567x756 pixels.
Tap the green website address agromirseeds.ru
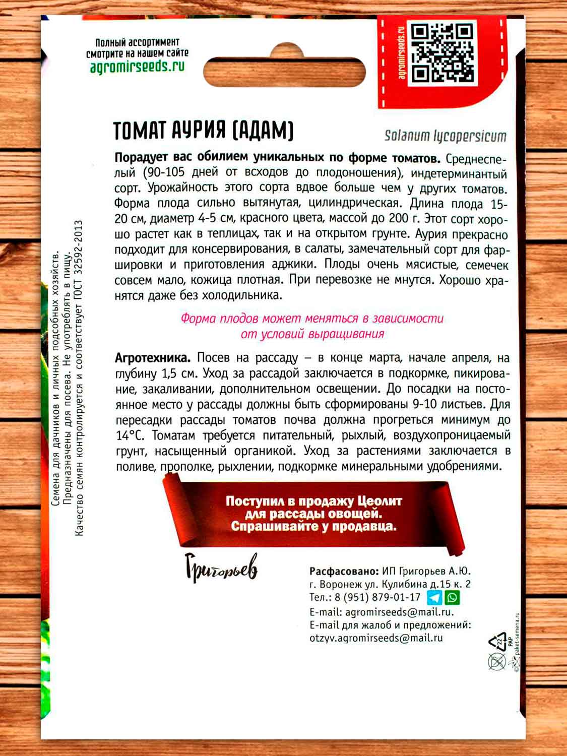[x=137, y=67]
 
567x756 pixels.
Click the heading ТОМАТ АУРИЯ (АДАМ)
[x=203, y=131]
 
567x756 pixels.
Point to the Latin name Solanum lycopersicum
[x=445, y=136]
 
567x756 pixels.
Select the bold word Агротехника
[x=153, y=358]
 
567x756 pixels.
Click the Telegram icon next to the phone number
[x=434, y=598]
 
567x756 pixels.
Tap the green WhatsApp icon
[x=453, y=598]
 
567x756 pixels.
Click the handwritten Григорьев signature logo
[x=221, y=568]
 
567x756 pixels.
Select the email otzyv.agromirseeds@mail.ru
[x=376, y=638]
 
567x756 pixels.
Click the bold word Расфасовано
[x=344, y=572]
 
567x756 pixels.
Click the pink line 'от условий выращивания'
[x=312, y=334]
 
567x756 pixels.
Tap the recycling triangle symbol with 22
[x=497, y=642]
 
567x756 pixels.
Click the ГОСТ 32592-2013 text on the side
[x=78, y=262]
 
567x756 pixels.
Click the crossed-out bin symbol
[x=497, y=661]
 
